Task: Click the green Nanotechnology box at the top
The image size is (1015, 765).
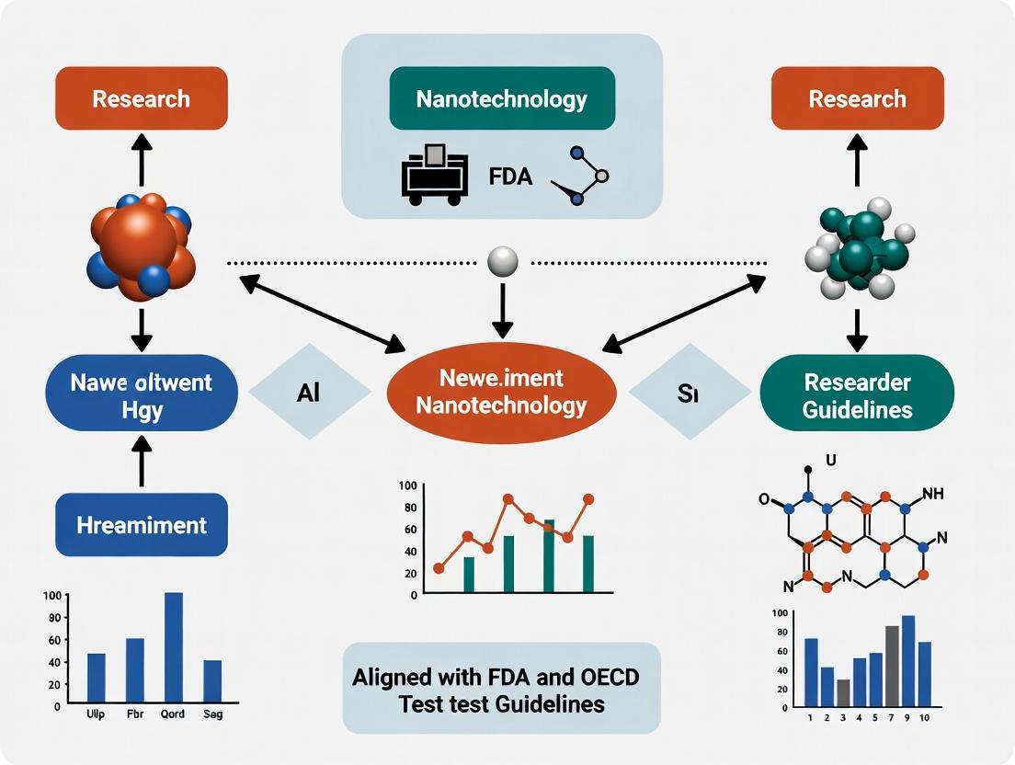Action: pos(501,98)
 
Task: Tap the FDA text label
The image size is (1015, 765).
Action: pos(510,176)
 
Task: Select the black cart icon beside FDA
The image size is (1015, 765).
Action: pos(429,174)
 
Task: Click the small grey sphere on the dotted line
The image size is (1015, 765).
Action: pos(501,262)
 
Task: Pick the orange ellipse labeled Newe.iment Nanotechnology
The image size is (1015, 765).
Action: pos(501,391)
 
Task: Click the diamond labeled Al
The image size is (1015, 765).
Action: pos(308,391)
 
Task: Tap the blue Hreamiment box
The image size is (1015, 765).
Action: pos(141,525)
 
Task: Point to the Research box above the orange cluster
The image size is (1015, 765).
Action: pos(141,98)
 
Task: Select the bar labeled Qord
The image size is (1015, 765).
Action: pos(173,648)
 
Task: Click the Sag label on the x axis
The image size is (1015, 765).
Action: pos(212,714)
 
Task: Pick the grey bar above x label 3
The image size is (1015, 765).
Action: pos(843,691)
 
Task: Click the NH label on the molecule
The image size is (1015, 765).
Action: pos(932,494)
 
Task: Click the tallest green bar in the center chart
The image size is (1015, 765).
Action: pos(549,556)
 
